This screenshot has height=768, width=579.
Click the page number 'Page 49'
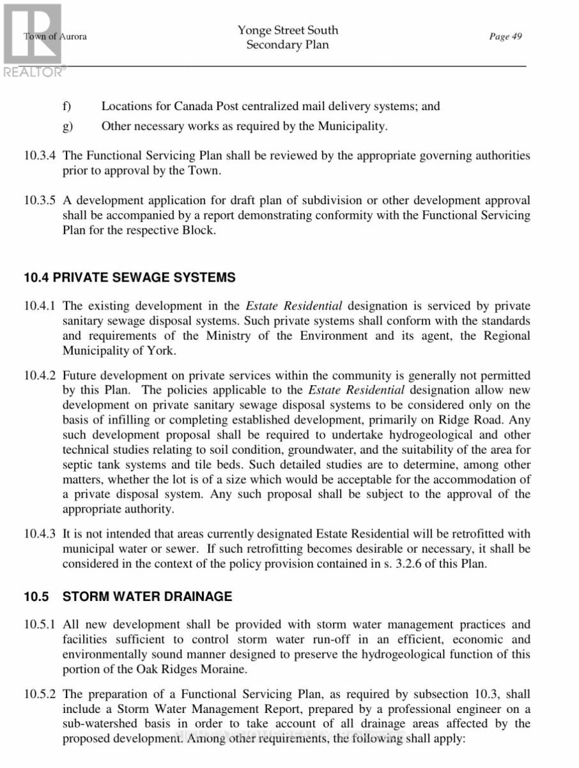pyautogui.click(x=506, y=36)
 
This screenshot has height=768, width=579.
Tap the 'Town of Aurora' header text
pyautogui.click(x=56, y=36)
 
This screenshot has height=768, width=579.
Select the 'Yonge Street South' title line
pyautogui.click(x=288, y=30)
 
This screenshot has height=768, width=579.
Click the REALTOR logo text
pyautogui.click(x=34, y=72)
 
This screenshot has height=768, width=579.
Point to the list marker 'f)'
pyautogui.click(x=66, y=106)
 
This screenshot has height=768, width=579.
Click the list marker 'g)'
pyautogui.click(x=67, y=126)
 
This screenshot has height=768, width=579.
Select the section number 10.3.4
pyautogui.click(x=40, y=156)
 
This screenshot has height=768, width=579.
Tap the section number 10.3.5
pyautogui.click(x=40, y=200)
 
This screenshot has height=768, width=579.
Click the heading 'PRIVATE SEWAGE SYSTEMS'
pyautogui.click(x=144, y=278)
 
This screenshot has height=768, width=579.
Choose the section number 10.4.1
pyautogui.click(x=40, y=307)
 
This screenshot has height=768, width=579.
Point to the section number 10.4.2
pyautogui.click(x=40, y=376)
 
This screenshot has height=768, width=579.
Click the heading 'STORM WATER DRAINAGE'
pyautogui.click(x=147, y=596)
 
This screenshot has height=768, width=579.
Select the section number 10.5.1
pyautogui.click(x=40, y=625)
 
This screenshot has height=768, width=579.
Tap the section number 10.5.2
pyautogui.click(x=40, y=694)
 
